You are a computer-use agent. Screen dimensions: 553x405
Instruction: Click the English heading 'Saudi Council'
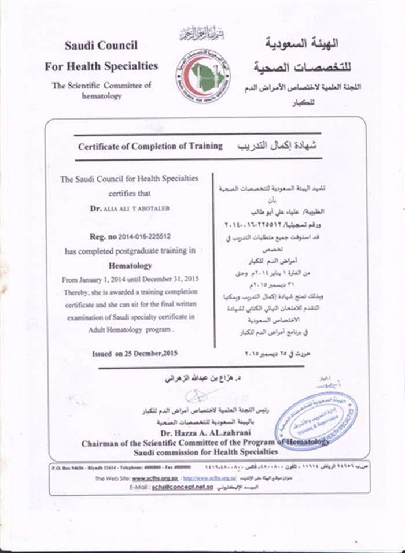coord(101,46)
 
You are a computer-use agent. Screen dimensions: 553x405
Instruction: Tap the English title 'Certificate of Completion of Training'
coord(150,146)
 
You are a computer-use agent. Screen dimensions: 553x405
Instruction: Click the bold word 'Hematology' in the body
coord(130,266)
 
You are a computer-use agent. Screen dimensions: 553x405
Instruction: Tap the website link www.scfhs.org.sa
coord(153,478)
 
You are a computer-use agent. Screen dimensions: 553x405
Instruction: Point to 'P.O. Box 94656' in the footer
coord(68,466)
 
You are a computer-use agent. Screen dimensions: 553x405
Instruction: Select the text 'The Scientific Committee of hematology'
coord(101,91)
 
